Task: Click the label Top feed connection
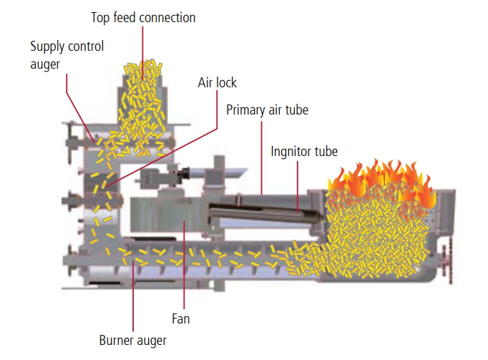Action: coord(143,16)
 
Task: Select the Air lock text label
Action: coord(217,83)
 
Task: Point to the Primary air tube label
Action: coord(268,110)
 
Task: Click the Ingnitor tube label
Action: coord(304,151)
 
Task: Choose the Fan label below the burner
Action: coord(180,318)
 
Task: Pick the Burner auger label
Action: coord(132,339)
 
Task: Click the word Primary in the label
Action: coord(248,110)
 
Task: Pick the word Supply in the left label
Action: coord(47,47)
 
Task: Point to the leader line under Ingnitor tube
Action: coord(298,186)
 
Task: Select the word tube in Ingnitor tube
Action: coord(326,151)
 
